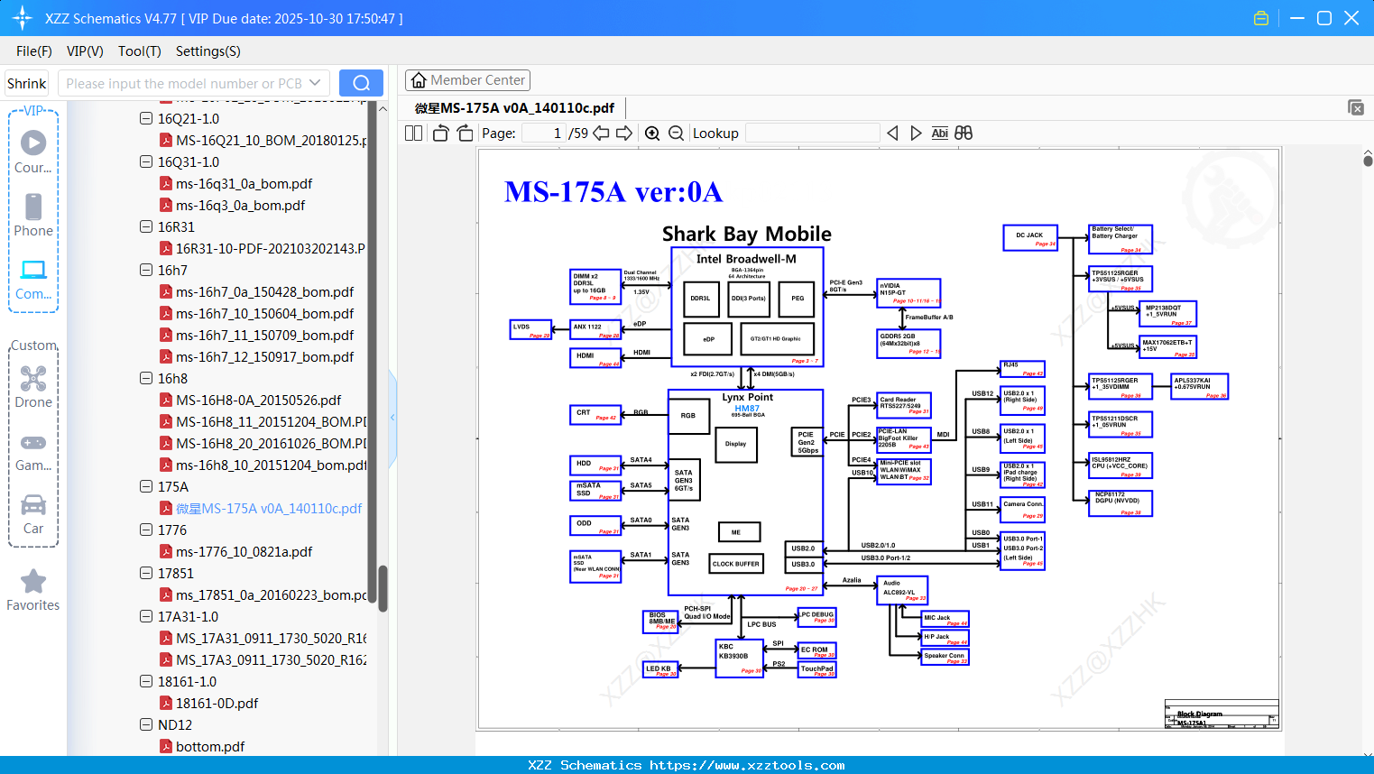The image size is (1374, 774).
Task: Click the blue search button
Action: [361, 83]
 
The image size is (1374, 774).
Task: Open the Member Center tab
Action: [467, 80]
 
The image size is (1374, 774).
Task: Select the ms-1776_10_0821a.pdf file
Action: [244, 552]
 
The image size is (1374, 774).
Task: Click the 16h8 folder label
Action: [172, 379]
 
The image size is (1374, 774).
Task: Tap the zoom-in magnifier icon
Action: [652, 134]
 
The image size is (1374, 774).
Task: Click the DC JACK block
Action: [1030, 237]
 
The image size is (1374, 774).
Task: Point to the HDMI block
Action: [595, 356]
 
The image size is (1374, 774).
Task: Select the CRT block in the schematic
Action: [595, 415]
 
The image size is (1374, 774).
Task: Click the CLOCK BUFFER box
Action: [736, 564]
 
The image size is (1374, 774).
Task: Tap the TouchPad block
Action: [817, 670]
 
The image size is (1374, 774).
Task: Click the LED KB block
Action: [659, 669]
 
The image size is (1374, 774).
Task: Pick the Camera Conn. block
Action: [1023, 508]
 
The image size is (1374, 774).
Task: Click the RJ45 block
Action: [1023, 368]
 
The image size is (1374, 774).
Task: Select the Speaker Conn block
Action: [945, 658]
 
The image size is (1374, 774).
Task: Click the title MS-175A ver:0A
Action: [613, 192]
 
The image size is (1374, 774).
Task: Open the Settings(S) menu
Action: [207, 51]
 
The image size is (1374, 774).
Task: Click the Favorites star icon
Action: [33, 582]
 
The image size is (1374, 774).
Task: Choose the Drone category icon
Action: [33, 379]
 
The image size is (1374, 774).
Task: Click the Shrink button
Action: [27, 83]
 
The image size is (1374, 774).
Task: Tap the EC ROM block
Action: [817, 650]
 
